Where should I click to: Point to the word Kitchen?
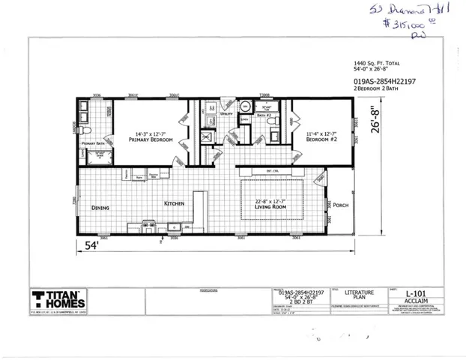(x=175, y=203)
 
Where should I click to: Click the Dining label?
(x=101, y=208)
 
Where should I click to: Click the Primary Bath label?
(x=93, y=142)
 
